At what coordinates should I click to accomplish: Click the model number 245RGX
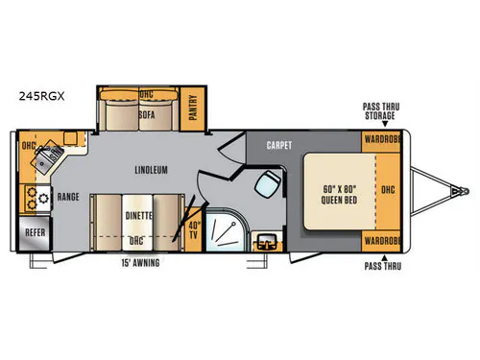(x=41, y=96)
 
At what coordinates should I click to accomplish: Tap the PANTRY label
(x=193, y=108)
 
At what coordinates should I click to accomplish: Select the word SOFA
(x=147, y=114)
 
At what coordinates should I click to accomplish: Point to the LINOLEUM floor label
(x=151, y=170)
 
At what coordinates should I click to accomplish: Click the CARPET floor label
(x=279, y=145)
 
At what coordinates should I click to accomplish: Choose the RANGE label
(x=68, y=197)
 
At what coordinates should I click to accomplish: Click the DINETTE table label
(x=138, y=216)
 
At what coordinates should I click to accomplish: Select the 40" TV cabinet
(x=193, y=229)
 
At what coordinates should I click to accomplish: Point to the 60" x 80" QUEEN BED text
(x=339, y=195)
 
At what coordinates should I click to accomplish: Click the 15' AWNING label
(x=140, y=263)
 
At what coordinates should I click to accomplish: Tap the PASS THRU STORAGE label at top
(x=381, y=111)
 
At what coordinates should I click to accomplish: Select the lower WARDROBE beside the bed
(x=382, y=241)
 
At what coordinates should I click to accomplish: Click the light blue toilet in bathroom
(x=268, y=184)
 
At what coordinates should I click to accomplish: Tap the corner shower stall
(x=226, y=230)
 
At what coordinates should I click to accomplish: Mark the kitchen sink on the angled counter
(x=47, y=157)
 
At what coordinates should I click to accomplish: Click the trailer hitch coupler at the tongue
(x=460, y=191)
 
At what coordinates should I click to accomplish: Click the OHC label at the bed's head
(x=388, y=190)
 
